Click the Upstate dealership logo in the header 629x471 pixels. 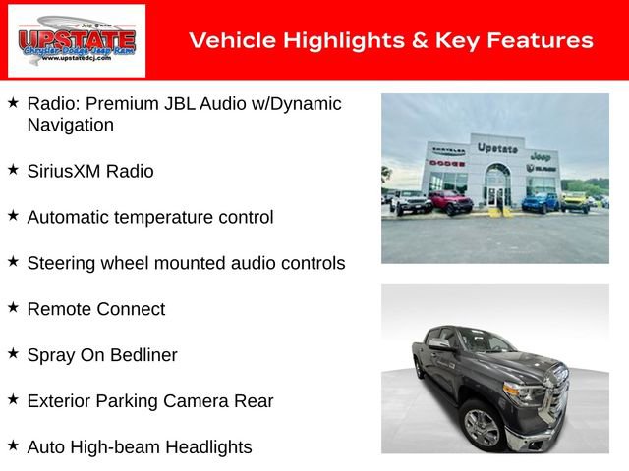click(77, 40)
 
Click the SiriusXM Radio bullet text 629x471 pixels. click(90, 171)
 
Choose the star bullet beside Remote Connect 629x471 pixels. click(13, 308)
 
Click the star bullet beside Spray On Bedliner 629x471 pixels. click(13, 354)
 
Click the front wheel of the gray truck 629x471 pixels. click(483, 428)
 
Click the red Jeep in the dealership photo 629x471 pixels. click(450, 203)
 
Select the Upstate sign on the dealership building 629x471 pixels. click(496, 147)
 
